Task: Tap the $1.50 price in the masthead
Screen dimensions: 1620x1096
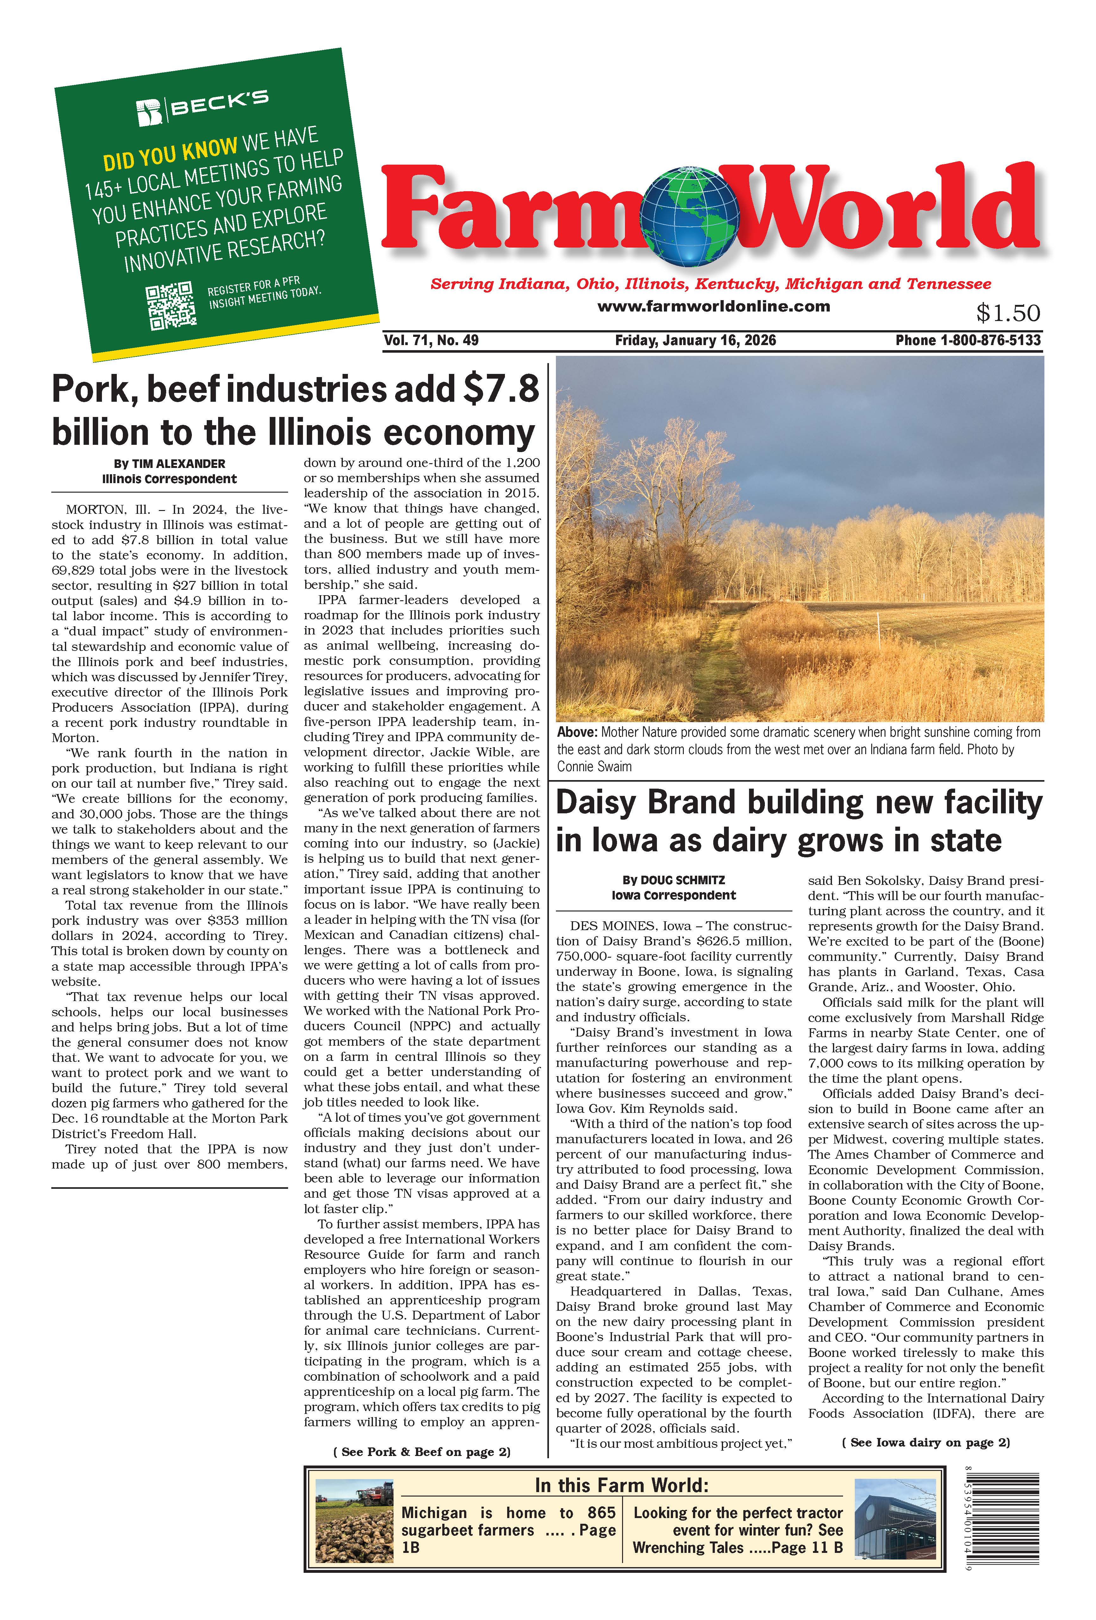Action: click(x=1007, y=313)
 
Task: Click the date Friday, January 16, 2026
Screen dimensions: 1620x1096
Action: click(x=695, y=340)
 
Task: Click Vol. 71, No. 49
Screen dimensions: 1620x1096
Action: click(x=431, y=340)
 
